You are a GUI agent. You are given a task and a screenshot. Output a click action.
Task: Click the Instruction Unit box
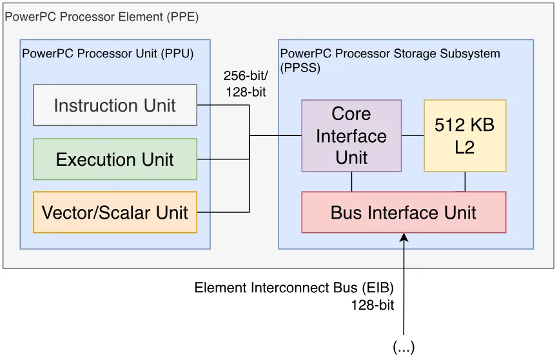pyautogui.click(x=115, y=105)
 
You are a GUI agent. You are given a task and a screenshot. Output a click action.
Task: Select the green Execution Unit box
pyautogui.click(x=115, y=159)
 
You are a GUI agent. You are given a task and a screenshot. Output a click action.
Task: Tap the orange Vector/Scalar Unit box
pyautogui.click(x=115, y=212)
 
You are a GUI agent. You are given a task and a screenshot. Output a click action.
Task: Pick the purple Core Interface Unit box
pyautogui.click(x=351, y=135)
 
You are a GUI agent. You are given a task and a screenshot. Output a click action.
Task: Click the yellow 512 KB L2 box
pyautogui.click(x=465, y=135)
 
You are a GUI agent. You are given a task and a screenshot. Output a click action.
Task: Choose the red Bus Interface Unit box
pyautogui.click(x=404, y=212)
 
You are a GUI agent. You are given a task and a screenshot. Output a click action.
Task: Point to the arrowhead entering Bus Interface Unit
pyautogui.click(x=404, y=237)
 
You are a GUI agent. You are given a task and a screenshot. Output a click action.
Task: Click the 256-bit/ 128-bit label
pyautogui.click(x=246, y=84)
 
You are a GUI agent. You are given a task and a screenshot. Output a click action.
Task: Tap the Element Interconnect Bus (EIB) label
pyautogui.click(x=294, y=288)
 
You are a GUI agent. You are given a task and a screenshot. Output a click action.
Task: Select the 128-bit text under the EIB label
pyautogui.click(x=373, y=305)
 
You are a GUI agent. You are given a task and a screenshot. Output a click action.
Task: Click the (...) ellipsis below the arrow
pyautogui.click(x=404, y=347)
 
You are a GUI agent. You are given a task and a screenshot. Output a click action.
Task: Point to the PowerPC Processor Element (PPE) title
pyautogui.click(x=102, y=17)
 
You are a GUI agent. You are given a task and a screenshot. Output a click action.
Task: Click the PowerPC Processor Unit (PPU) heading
pyautogui.click(x=108, y=54)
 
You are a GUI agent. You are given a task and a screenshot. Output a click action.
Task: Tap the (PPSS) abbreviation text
pyautogui.click(x=300, y=68)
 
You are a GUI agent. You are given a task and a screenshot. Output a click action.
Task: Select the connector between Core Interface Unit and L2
pyautogui.click(x=413, y=135)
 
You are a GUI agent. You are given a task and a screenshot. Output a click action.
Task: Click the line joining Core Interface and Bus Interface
pyautogui.click(x=352, y=181)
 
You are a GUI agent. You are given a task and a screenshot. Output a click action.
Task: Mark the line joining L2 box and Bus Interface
pyautogui.click(x=465, y=181)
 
